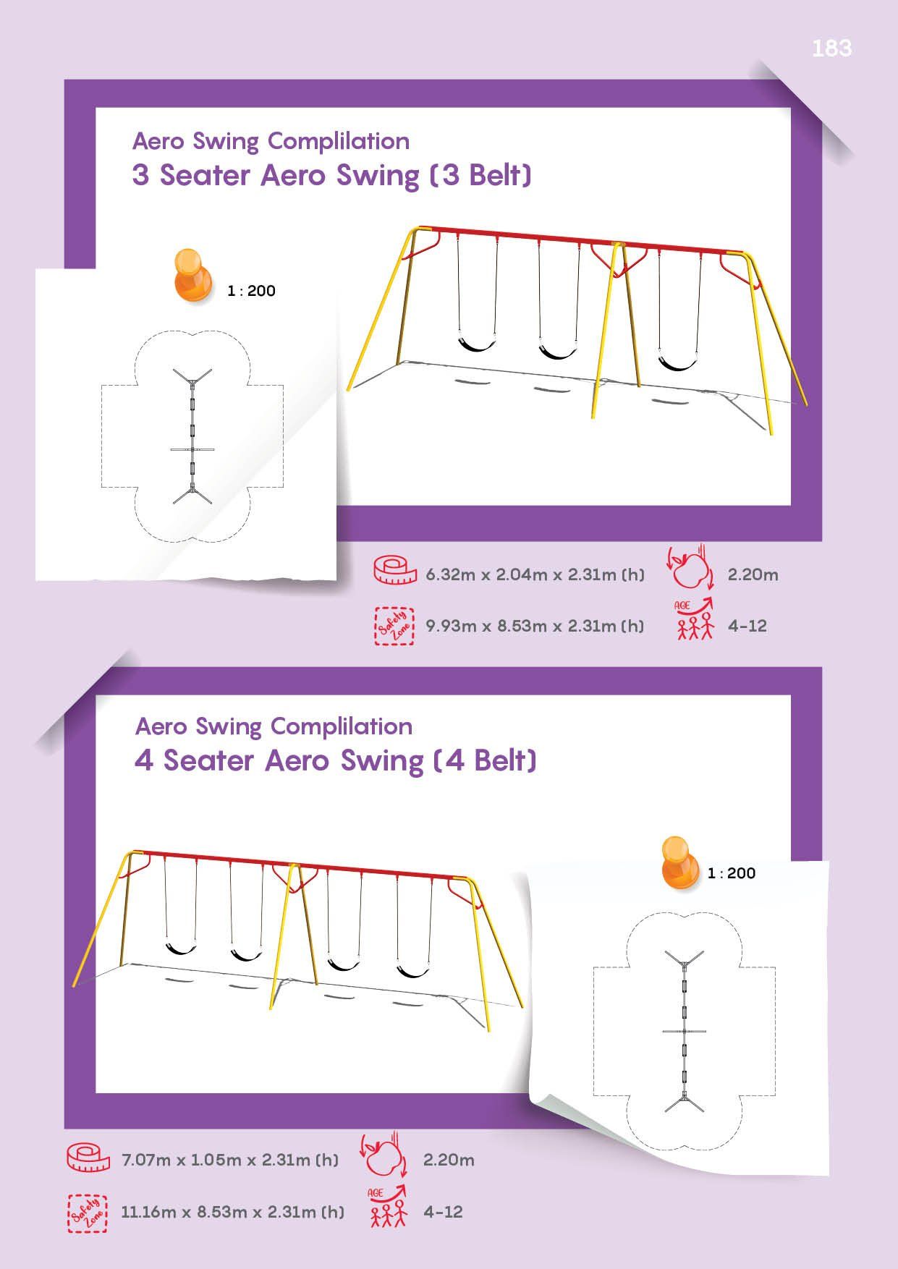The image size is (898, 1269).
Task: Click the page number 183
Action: [831, 48]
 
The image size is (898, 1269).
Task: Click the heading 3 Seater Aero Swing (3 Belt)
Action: [332, 176]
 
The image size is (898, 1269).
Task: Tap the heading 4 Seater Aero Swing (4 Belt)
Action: [336, 761]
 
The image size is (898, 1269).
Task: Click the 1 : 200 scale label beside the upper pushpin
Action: [251, 291]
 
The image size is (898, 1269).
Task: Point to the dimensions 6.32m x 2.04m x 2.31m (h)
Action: [535, 574]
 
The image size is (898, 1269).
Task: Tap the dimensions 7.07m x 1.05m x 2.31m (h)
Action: [230, 1160]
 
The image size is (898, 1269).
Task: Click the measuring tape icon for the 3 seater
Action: [395, 571]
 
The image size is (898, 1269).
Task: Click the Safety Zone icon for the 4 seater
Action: [88, 1213]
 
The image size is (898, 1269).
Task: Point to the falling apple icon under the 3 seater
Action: [690, 569]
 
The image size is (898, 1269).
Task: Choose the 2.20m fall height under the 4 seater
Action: [449, 1160]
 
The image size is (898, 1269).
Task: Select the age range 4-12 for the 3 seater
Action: [747, 626]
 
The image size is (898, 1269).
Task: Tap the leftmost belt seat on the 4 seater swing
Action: [182, 946]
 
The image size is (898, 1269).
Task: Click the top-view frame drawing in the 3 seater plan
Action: [192, 436]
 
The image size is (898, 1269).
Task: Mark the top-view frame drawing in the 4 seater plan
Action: [684, 1031]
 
